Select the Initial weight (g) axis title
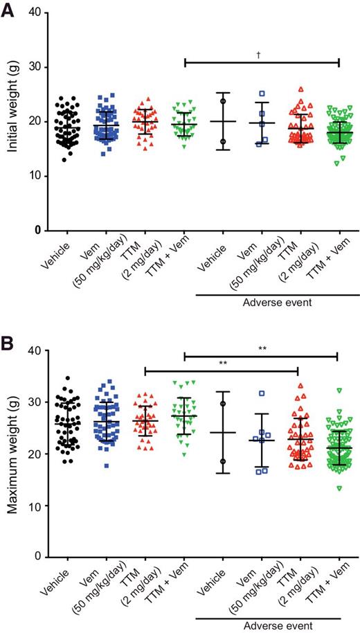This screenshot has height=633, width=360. click(12, 122)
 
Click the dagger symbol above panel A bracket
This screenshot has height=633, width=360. click(261, 53)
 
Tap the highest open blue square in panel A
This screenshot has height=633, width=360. click(262, 93)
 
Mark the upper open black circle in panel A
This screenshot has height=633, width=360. click(223, 100)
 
